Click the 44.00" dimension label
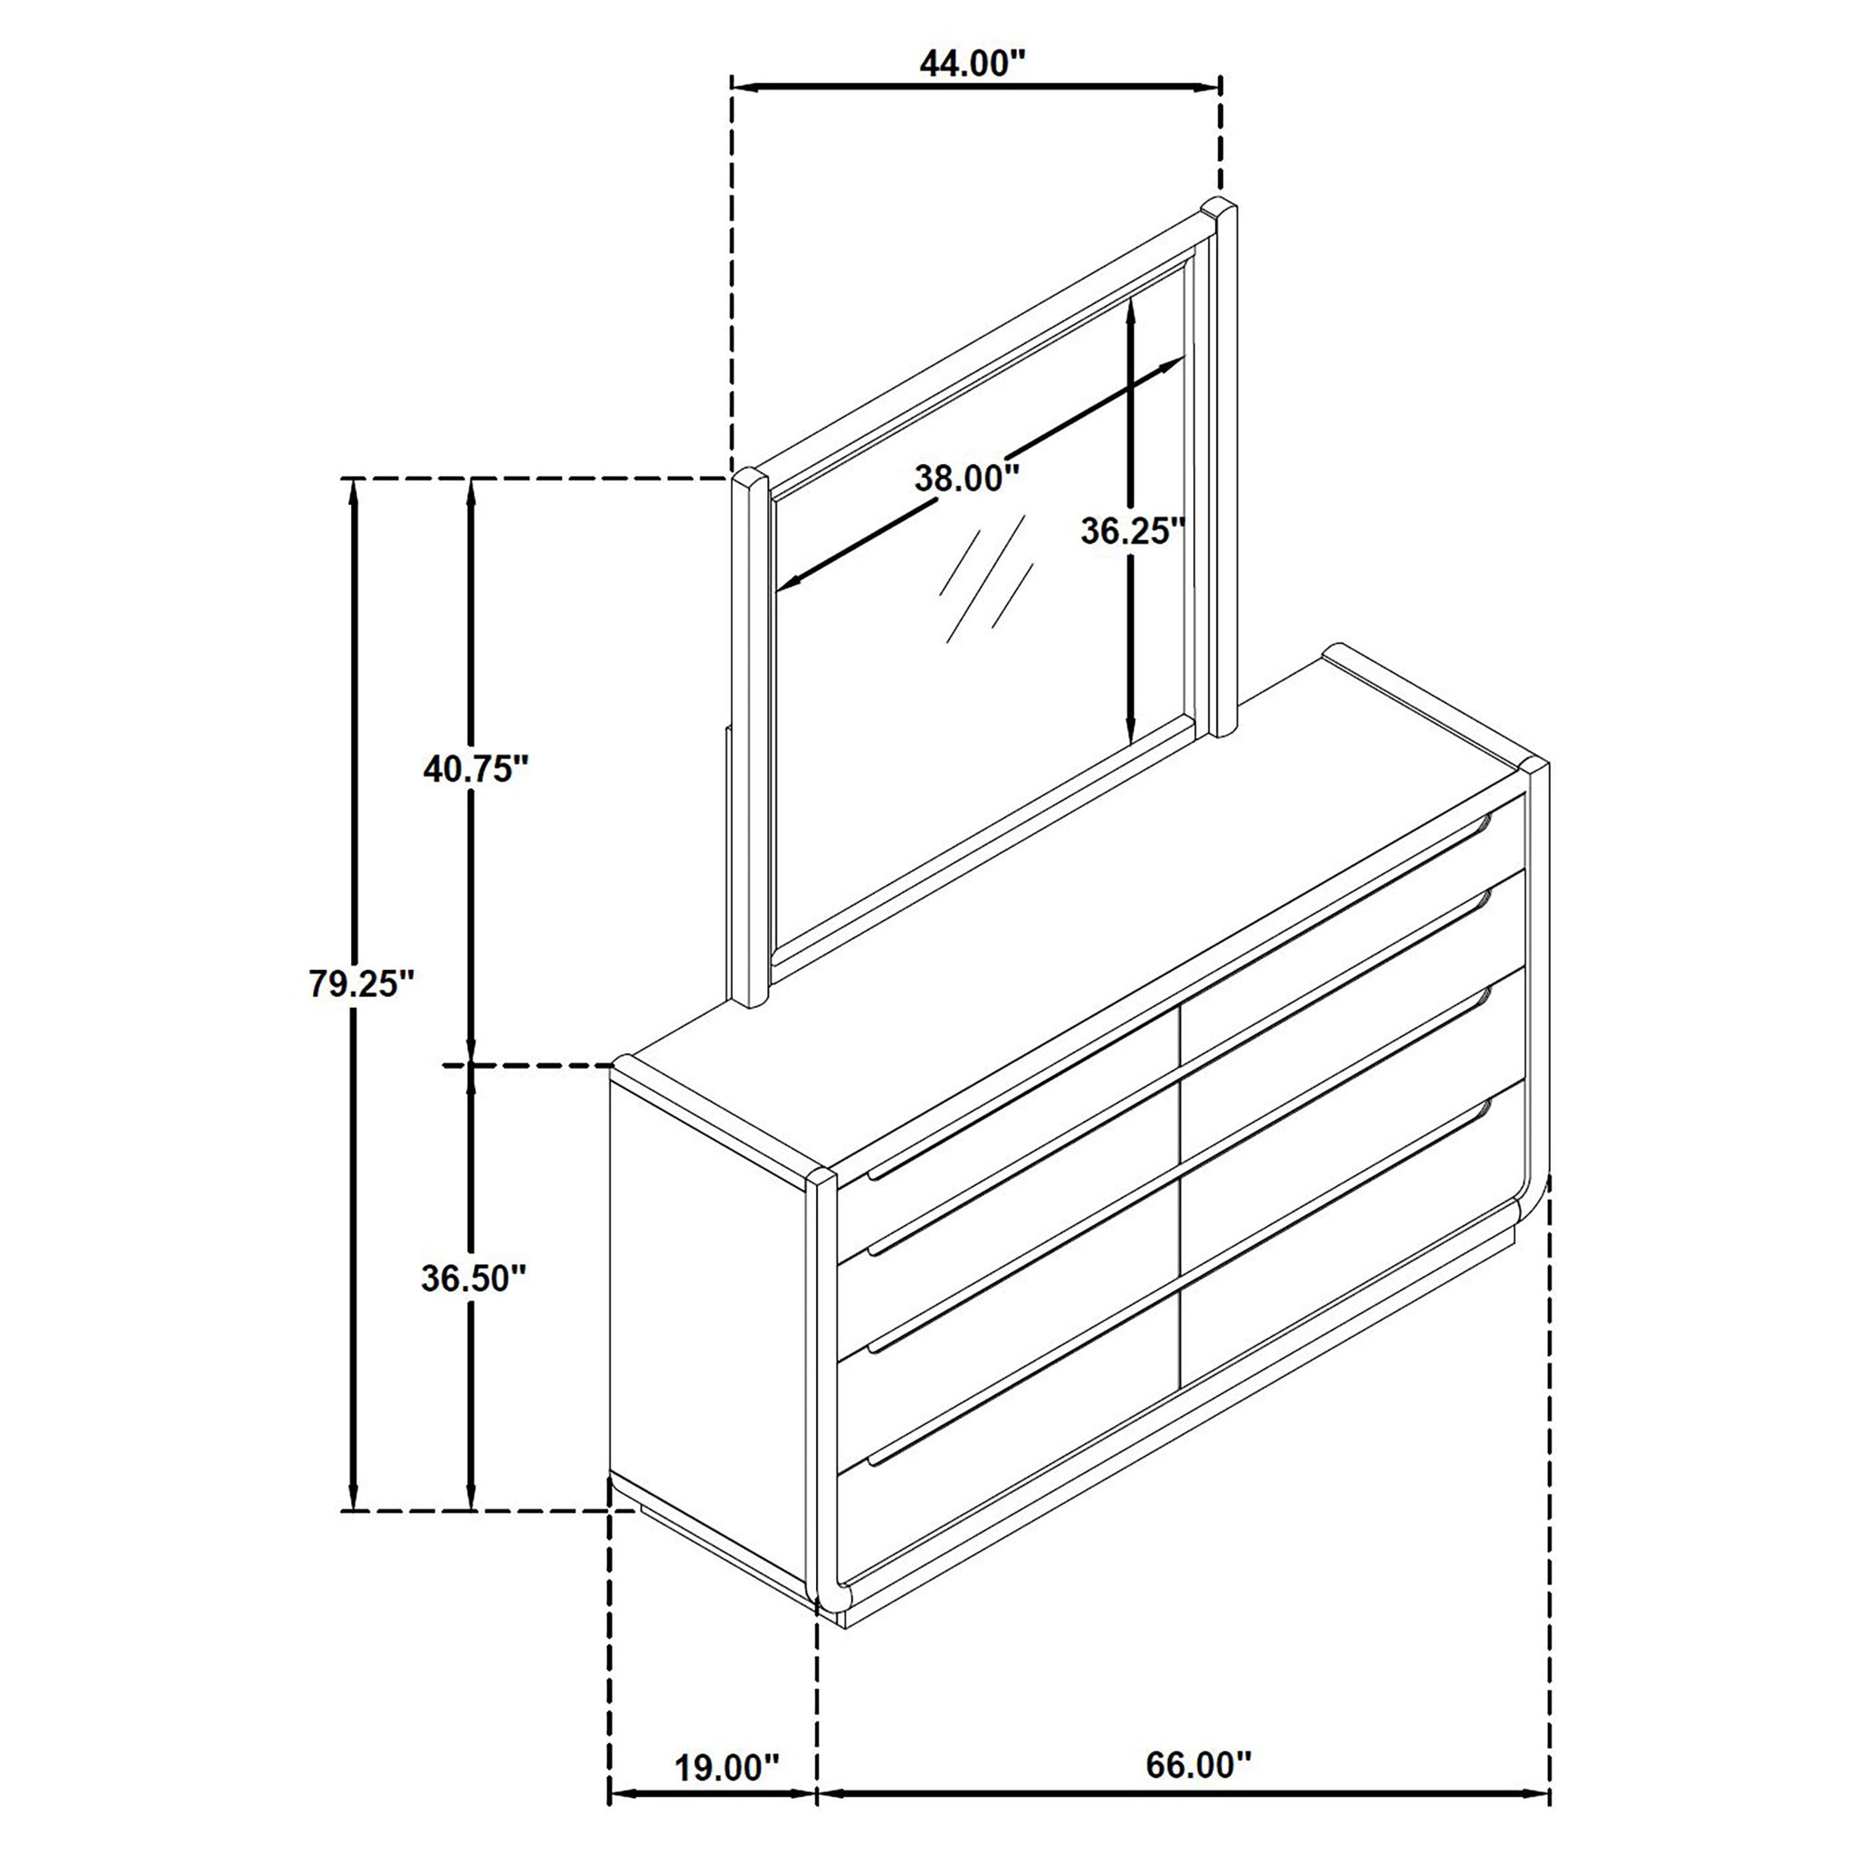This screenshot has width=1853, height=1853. click(973, 63)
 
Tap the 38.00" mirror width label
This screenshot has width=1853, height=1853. click(965, 477)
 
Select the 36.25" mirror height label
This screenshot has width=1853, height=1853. click(1133, 530)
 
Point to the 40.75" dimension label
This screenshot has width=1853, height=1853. click(476, 768)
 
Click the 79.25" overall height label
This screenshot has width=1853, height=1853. click(361, 984)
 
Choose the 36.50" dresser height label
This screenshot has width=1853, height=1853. click(474, 1278)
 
